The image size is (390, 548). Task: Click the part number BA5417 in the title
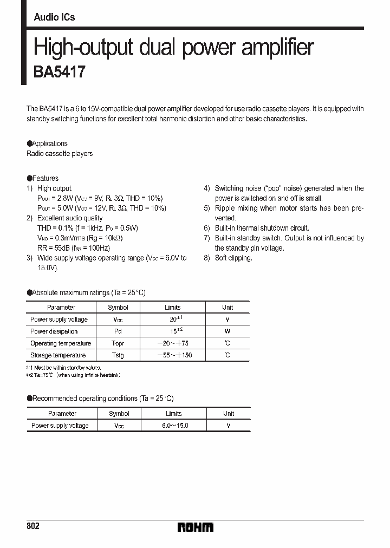60,73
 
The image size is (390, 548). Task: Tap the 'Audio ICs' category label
54,17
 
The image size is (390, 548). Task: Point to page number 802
33,526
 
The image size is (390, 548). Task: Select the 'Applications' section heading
50,143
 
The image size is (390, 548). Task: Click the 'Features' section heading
45,178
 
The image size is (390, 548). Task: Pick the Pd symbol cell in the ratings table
118,331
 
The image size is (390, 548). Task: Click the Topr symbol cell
118,343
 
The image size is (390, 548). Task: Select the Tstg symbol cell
118,355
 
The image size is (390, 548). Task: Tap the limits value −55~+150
173,355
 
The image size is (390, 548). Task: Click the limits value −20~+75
173,343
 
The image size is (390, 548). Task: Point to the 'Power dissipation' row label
54,331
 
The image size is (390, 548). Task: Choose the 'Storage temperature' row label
58,355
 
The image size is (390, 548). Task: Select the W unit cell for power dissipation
227,331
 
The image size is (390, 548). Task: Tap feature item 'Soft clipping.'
233,258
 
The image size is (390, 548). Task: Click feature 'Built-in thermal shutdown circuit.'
262,228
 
